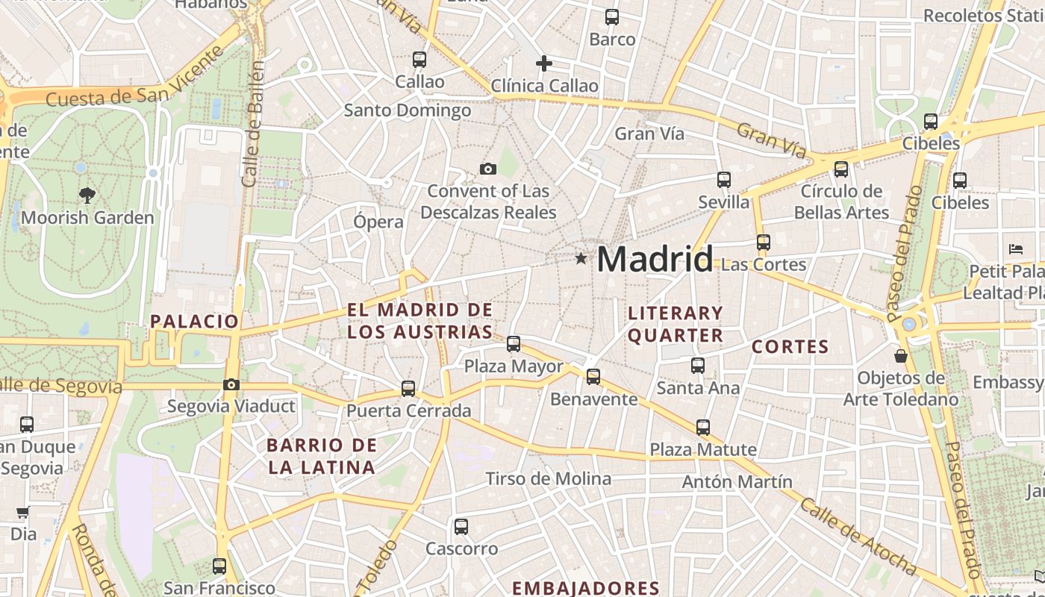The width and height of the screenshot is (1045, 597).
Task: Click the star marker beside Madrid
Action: (x=581, y=258)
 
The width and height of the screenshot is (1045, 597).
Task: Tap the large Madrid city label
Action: (x=655, y=259)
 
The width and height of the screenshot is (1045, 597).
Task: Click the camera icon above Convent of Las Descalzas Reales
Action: (x=488, y=169)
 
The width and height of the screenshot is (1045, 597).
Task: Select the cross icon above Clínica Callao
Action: (x=544, y=63)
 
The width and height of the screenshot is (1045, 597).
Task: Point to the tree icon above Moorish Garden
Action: (x=87, y=196)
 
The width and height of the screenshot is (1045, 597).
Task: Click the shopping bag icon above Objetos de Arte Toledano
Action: (x=901, y=356)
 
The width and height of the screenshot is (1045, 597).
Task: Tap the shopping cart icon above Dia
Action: (x=23, y=513)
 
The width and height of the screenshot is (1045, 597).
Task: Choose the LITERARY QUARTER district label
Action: (x=676, y=324)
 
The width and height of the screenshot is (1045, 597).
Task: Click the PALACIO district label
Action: (x=194, y=322)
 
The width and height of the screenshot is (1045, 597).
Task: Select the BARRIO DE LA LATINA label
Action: (x=321, y=457)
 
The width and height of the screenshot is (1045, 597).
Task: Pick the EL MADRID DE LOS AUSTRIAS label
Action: (x=419, y=321)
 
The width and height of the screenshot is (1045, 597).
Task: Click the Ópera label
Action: (x=378, y=222)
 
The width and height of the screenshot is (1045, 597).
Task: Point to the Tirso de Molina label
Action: (x=549, y=478)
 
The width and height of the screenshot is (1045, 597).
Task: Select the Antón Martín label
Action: (x=737, y=481)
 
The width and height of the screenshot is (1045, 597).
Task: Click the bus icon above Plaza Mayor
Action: (x=514, y=344)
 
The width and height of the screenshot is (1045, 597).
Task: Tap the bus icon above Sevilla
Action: (x=723, y=180)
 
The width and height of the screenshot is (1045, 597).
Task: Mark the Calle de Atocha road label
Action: (x=858, y=535)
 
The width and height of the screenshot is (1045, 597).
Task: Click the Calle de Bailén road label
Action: (x=254, y=124)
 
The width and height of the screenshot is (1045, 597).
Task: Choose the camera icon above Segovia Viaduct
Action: (x=231, y=385)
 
